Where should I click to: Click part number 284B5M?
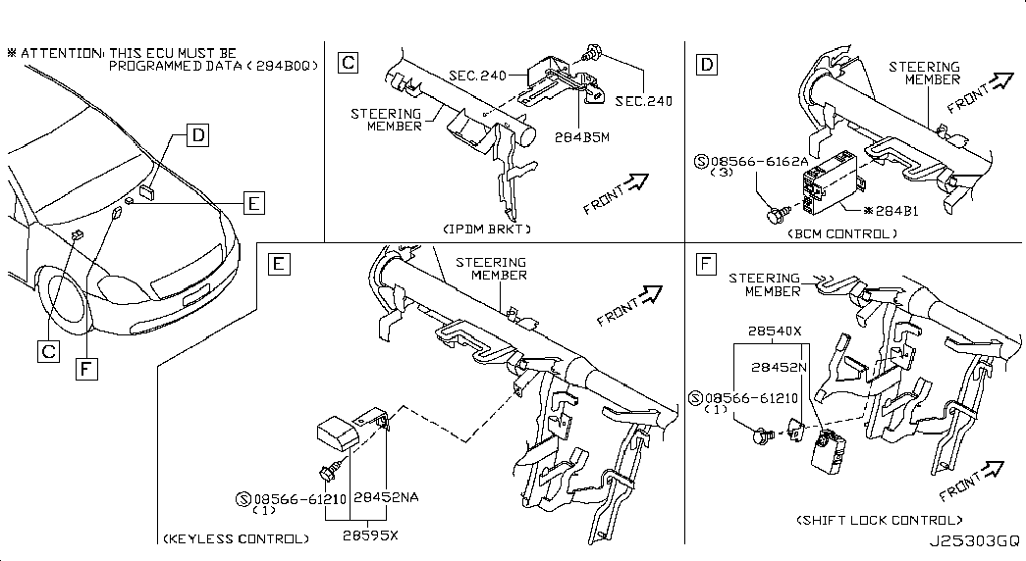[581, 137]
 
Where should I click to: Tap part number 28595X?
[370, 535]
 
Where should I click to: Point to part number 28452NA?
[386, 497]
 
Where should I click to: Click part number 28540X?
[775, 331]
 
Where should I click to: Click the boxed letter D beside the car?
[197, 135]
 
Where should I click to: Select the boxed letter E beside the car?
[254, 203]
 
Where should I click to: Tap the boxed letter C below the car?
[48, 352]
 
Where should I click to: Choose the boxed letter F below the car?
[86, 370]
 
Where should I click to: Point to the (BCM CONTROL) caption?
[842, 233]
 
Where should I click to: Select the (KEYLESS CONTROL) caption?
[237, 538]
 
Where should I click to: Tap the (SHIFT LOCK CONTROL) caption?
[880, 521]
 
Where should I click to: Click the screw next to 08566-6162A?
[778, 213]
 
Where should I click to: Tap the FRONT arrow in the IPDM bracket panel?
[616, 193]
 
